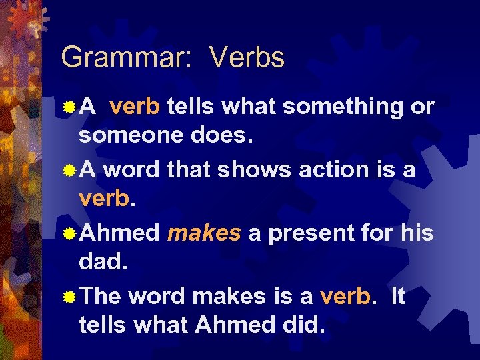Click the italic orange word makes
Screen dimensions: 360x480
click(204, 233)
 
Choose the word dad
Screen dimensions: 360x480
click(101, 264)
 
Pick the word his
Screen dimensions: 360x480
click(418, 233)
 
